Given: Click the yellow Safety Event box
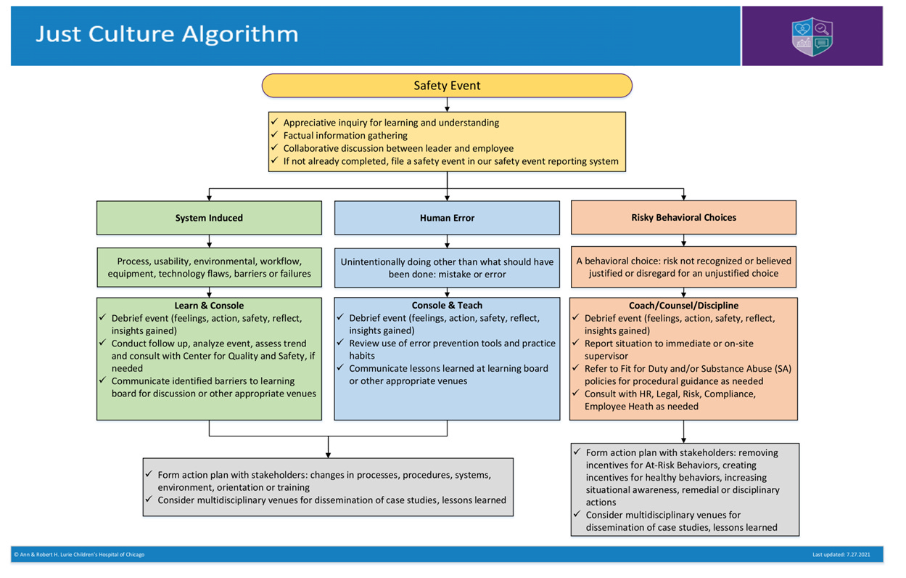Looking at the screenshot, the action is pyautogui.click(x=447, y=86).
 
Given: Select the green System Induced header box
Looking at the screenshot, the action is pyautogui.click(x=209, y=218).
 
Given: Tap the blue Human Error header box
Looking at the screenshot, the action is pyautogui.click(x=447, y=218).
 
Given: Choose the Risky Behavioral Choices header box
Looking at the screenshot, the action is pyautogui.click(x=683, y=217).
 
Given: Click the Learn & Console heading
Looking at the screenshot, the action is pyautogui.click(x=209, y=306).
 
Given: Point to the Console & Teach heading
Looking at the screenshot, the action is pyautogui.click(x=447, y=305).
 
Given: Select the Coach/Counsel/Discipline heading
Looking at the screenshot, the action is pyautogui.click(x=683, y=306).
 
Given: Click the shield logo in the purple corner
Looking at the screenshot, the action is pyautogui.click(x=812, y=36).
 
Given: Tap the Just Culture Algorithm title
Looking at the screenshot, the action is pyautogui.click(x=167, y=34).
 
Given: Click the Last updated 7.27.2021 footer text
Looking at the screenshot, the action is pyautogui.click(x=841, y=555).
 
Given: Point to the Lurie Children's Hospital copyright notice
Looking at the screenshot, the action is pyautogui.click(x=79, y=555).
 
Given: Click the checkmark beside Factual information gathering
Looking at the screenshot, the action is pyautogui.click(x=275, y=134).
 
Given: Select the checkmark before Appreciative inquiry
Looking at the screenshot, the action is pyautogui.click(x=275, y=121).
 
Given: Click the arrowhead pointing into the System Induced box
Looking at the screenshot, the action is pyautogui.click(x=209, y=198).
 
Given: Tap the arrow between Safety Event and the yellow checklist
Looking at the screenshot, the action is pyautogui.click(x=447, y=105).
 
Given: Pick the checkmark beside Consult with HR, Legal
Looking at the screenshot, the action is pyautogui.click(x=575, y=393).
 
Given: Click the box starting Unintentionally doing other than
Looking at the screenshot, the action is pyautogui.click(x=447, y=268).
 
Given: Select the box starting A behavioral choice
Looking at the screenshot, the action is pyautogui.click(x=683, y=267).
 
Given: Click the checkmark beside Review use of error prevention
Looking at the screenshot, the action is pyautogui.click(x=340, y=343).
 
